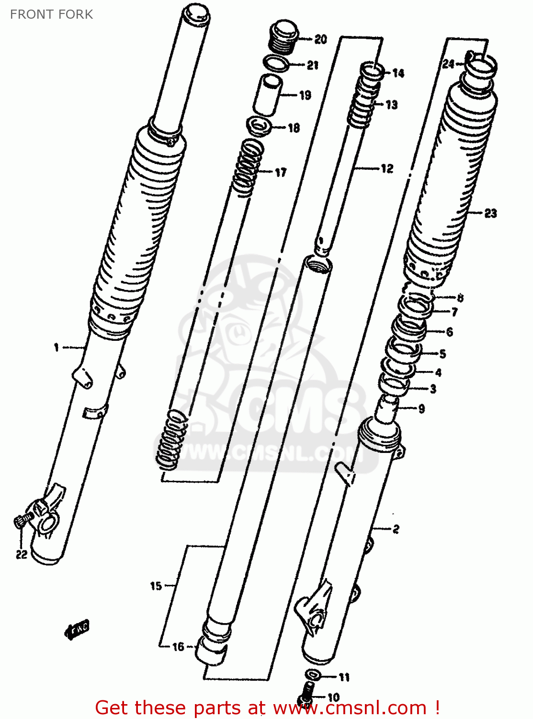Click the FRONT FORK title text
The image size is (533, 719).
51,14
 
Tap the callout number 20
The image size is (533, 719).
320,39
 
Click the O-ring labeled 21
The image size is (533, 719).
276,63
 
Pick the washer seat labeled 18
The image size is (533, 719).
259,127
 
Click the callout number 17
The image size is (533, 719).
281,172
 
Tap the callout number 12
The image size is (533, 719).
387,168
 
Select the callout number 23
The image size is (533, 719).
490,213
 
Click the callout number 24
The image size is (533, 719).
448,64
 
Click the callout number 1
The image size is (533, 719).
57,347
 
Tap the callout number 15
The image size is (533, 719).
156,586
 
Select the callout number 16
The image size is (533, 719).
178,647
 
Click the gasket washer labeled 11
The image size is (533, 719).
314,675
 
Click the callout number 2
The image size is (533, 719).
396,529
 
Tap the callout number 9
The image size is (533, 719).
421,408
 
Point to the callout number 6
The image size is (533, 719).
449,331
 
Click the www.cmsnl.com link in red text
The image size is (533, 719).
350,708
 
